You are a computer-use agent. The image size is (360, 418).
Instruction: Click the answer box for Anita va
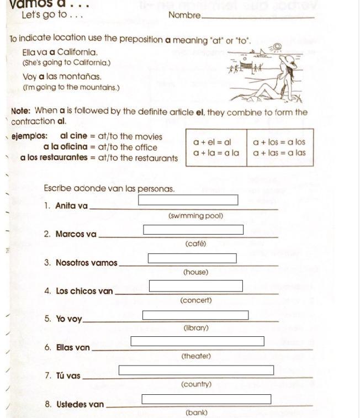tap(188, 200)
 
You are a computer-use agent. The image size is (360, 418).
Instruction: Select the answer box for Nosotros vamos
tap(192, 258)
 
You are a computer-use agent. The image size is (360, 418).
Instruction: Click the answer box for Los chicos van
tap(196, 286)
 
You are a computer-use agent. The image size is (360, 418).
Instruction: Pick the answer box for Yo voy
tap(195, 315)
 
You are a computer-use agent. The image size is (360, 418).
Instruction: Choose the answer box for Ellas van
tap(197, 341)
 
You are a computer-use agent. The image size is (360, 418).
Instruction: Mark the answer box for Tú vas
tap(196, 370)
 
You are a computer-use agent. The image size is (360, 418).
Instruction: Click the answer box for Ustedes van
tap(207, 399)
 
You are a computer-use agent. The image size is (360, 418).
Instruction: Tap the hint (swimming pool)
tap(196, 216)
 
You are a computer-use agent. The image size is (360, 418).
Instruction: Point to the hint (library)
tap(196, 328)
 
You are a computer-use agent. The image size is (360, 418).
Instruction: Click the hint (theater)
tap(196, 356)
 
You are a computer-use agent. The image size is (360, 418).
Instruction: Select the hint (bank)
tap(196, 412)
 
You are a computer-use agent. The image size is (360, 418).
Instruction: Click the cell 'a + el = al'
tap(212, 142)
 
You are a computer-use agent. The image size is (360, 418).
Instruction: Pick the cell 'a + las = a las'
tap(279, 152)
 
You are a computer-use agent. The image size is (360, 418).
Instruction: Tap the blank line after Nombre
tap(258, 17)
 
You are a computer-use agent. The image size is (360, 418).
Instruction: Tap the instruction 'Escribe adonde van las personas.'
tap(109, 189)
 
